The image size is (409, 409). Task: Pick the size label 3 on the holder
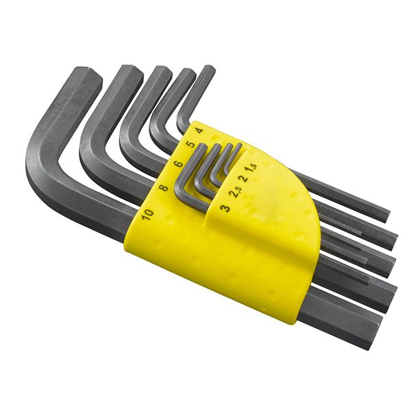225,207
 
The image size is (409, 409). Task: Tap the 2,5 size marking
235,192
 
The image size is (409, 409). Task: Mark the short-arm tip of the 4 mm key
208,69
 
